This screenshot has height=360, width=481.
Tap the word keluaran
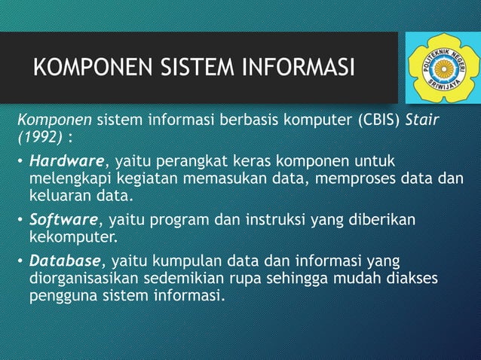[x=59, y=198]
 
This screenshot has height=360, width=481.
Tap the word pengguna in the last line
[x=60, y=297]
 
